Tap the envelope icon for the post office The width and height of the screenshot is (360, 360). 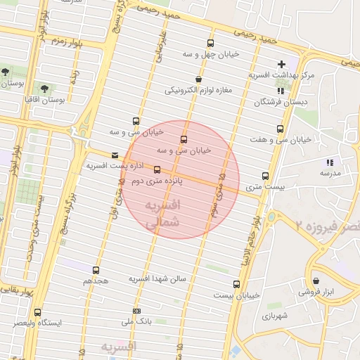pos(115,155)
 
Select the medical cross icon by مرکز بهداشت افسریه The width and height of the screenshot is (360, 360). pos(282,65)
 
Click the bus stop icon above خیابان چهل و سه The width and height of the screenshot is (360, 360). pos(210,44)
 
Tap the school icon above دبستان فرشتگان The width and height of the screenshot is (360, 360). pos(281,91)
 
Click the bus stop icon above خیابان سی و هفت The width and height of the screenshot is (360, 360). pos(281,129)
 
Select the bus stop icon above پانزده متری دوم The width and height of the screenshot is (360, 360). pos(157,169)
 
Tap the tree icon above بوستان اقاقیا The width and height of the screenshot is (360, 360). pos(44,89)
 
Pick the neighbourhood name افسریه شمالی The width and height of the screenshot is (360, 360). pos(162,213)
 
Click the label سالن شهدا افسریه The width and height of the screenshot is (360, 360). pos(157,279)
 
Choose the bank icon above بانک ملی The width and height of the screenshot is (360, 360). pos(136,310)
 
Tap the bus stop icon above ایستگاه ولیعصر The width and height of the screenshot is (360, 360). pos(38,312)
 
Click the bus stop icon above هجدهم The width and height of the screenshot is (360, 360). pos(96,270)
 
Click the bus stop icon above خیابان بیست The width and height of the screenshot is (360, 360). pos(236,285)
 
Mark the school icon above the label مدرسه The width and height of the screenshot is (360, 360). pos(330,162)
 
